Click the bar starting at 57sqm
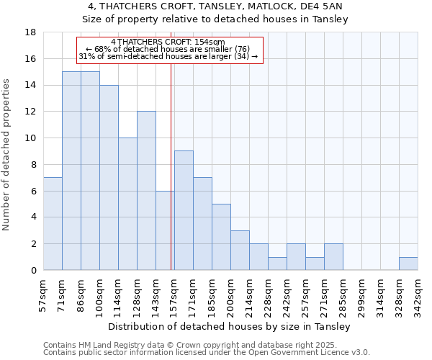pyautogui.click(x=53, y=224)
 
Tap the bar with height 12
pyautogui.click(x=146, y=191)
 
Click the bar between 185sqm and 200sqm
pyautogui.click(x=221, y=237)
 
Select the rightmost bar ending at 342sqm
pyautogui.click(x=408, y=264)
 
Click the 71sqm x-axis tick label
pyautogui.click(x=63, y=296)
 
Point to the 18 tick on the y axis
pyautogui.click(x=31, y=32)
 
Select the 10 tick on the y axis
pyautogui.click(x=31, y=138)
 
